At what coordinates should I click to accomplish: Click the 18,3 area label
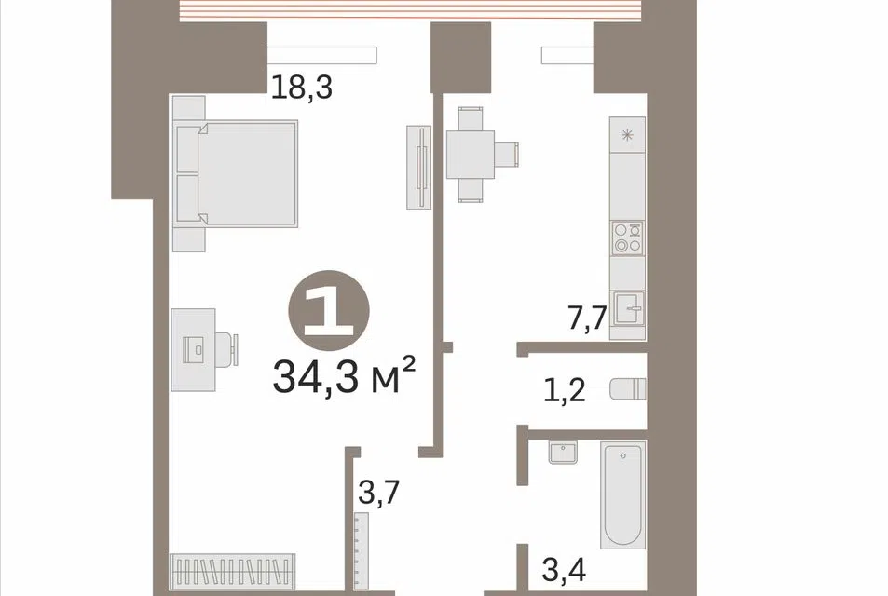click(301, 88)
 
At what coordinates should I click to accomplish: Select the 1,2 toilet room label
click(564, 390)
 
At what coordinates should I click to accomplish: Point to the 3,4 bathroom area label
click(564, 569)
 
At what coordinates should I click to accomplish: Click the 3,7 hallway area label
click(379, 492)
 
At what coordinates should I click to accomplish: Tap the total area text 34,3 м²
click(344, 376)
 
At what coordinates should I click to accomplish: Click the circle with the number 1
click(329, 311)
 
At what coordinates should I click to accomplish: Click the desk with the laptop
click(194, 349)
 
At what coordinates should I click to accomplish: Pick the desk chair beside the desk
click(227, 349)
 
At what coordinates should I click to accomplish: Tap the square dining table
click(470, 155)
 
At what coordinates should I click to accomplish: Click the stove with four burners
click(627, 237)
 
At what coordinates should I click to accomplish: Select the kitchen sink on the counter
click(629, 308)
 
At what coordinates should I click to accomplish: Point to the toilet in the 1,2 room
click(628, 389)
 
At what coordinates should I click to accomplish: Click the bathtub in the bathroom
click(623, 494)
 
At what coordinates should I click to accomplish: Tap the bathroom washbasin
click(563, 452)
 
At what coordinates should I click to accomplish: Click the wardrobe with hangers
click(233, 572)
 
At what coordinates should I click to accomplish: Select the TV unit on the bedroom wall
click(419, 168)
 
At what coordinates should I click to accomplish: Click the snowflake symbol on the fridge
click(627, 135)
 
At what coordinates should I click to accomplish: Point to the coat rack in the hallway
click(361, 551)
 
